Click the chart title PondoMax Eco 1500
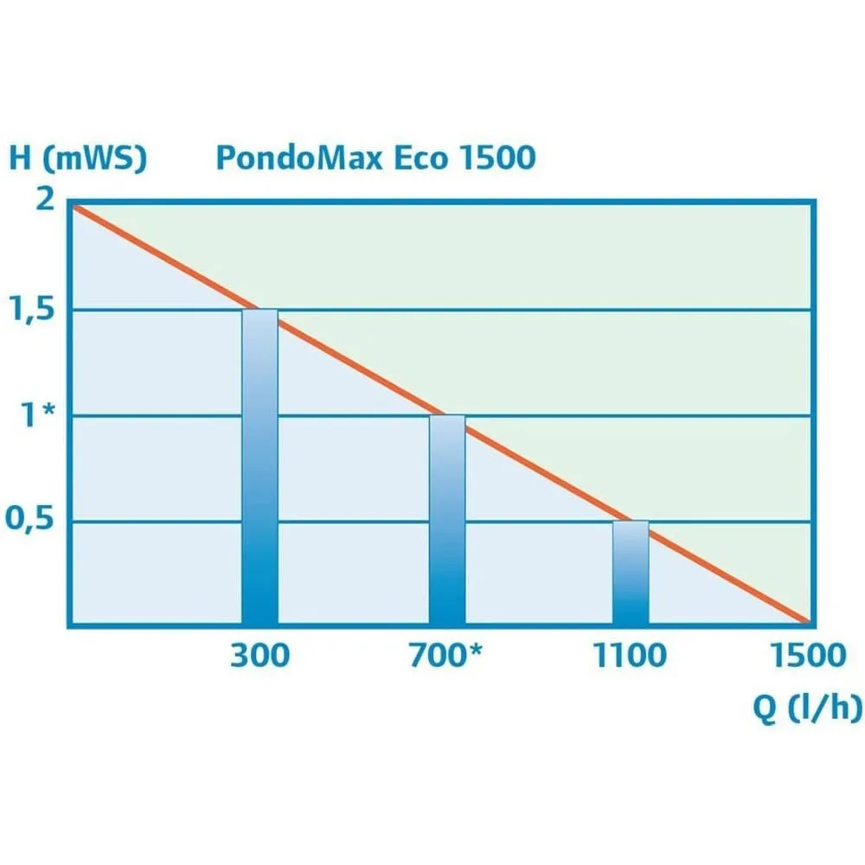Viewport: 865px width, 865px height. (x=375, y=158)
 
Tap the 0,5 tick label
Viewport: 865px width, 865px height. (x=31, y=522)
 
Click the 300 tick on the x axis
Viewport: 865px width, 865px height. (x=259, y=656)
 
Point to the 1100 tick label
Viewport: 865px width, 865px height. (x=630, y=656)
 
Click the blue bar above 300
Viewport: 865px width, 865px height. (x=259, y=467)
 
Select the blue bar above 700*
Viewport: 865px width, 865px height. (x=447, y=519)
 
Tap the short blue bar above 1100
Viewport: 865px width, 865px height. (x=631, y=573)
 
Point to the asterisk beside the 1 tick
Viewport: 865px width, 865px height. (x=50, y=412)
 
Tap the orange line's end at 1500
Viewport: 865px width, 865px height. (x=807, y=621)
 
